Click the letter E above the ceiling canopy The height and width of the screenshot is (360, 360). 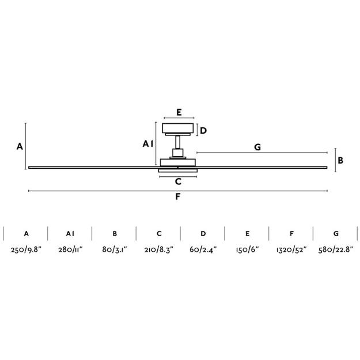click(179, 112)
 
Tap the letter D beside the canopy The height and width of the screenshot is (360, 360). click(203, 131)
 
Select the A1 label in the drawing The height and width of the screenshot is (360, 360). click(147, 144)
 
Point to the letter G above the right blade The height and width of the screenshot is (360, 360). click(257, 147)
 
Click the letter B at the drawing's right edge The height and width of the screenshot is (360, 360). click(340, 160)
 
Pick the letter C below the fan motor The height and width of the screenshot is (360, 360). click(178, 181)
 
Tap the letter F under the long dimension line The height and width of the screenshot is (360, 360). click(178, 196)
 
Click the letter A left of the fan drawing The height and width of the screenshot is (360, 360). click(20, 146)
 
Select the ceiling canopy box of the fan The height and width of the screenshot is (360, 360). click(178, 128)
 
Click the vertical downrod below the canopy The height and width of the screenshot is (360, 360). click(178, 142)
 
